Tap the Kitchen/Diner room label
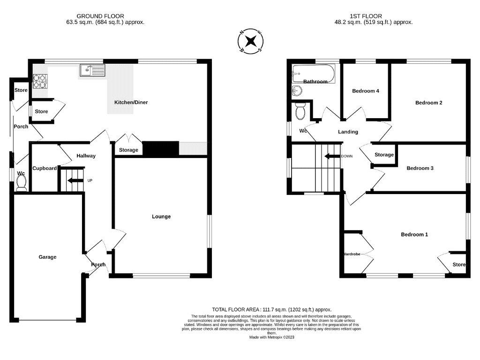coord(131,102)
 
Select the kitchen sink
coord(87,71)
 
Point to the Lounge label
coord(161,217)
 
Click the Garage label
coord(47,257)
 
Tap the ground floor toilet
coord(21,184)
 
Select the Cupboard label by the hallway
coord(45,168)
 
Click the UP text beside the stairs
coord(90,180)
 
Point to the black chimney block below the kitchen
coord(161,149)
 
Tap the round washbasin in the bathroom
coord(297,90)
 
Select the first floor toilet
coord(300,111)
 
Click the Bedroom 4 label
coord(366,91)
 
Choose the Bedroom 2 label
coord(428,103)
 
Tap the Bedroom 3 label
coord(420,168)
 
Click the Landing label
coord(348,132)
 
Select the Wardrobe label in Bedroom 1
coord(352,254)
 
